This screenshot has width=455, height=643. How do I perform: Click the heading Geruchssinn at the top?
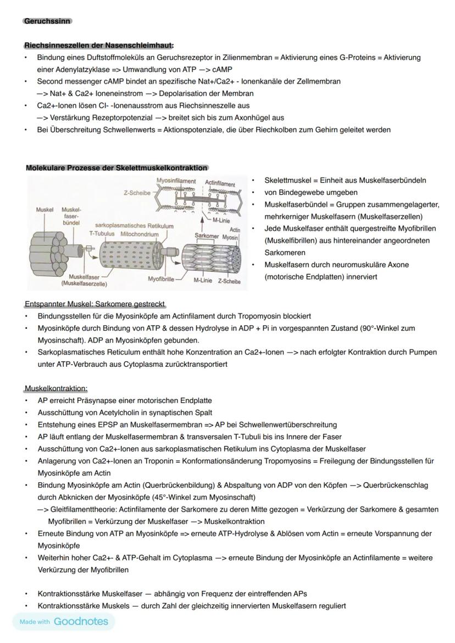coord(47,21)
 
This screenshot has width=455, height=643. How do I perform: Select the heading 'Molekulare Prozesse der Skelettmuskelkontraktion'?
coord(116,167)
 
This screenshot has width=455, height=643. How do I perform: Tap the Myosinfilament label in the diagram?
coord(176,181)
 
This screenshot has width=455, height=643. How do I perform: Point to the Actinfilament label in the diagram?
coord(220,183)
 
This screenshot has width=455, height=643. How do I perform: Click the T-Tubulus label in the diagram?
coord(102,234)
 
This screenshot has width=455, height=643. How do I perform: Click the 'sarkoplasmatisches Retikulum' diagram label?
coord(134,226)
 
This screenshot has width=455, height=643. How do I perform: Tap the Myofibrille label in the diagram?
coord(161,279)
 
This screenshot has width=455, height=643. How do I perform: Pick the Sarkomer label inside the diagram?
coord(207,236)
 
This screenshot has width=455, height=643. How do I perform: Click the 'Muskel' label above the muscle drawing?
coord(45,210)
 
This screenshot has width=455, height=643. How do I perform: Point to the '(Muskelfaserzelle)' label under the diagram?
coord(85,284)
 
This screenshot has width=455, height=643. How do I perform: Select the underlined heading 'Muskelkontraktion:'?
coord(56,388)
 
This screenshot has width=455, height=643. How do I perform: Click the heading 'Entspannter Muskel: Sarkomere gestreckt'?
coord(95,304)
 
